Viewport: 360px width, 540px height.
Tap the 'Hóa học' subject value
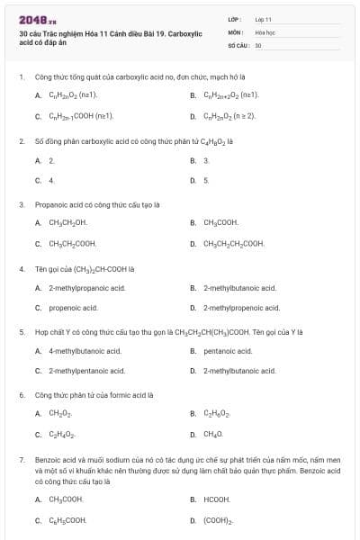tap(264, 31)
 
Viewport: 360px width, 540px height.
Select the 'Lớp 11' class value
tap(263, 19)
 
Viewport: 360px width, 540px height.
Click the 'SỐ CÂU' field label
tap(238, 44)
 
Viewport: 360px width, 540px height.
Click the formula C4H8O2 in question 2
tap(206, 142)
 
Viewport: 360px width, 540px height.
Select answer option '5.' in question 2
tap(206, 180)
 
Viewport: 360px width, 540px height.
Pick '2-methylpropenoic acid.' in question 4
tap(239, 307)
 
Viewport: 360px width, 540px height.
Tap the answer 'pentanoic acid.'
tap(228, 351)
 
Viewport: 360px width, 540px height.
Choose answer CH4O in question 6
tap(213, 434)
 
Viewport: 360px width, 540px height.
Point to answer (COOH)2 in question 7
tap(219, 520)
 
